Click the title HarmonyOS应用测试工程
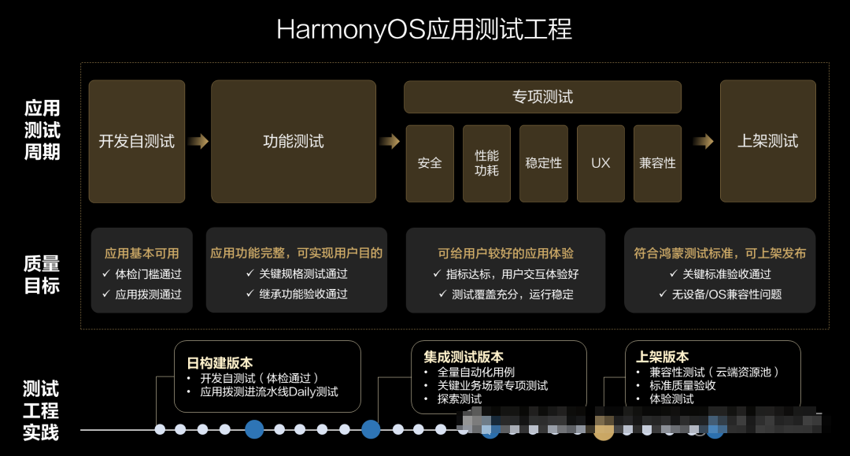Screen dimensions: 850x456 click(424, 30)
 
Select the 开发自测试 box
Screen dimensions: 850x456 click(137, 141)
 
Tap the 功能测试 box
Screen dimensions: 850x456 click(293, 141)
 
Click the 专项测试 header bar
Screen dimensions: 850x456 click(542, 97)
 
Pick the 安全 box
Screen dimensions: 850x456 click(430, 163)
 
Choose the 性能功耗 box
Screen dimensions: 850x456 click(486, 163)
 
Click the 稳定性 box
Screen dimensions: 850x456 click(544, 163)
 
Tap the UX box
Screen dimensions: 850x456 click(601, 163)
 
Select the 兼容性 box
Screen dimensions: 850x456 click(657, 163)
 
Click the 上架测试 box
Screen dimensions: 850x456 click(767, 141)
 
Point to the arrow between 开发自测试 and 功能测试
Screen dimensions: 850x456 click(198, 142)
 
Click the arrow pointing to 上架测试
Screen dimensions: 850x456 click(703, 142)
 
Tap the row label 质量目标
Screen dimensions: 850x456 click(42, 275)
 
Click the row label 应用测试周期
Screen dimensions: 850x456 click(42, 130)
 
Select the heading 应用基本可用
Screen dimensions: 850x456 click(142, 254)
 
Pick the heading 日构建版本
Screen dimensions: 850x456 click(220, 363)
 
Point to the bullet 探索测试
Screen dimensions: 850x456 click(460, 399)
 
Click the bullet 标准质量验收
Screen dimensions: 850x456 click(682, 385)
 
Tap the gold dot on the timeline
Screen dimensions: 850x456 click(604, 429)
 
